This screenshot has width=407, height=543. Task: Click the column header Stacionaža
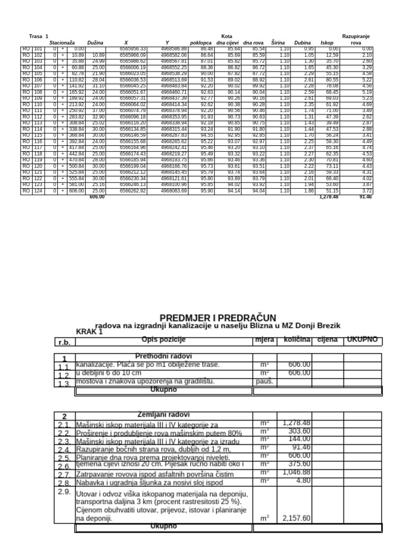(63, 42)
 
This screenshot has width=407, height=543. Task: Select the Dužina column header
(96, 42)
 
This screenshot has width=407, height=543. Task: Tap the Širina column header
(279, 42)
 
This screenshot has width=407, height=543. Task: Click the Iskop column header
(327, 42)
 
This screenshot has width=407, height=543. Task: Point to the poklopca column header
(201, 42)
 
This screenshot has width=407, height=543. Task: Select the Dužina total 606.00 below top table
(97, 197)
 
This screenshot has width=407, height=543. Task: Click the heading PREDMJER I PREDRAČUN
(218, 318)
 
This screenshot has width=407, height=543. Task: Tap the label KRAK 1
(90, 331)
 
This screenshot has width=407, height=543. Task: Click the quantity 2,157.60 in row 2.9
(297, 518)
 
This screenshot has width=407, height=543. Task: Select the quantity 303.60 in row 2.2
(300, 432)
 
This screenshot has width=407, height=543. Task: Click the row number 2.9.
(64, 492)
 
